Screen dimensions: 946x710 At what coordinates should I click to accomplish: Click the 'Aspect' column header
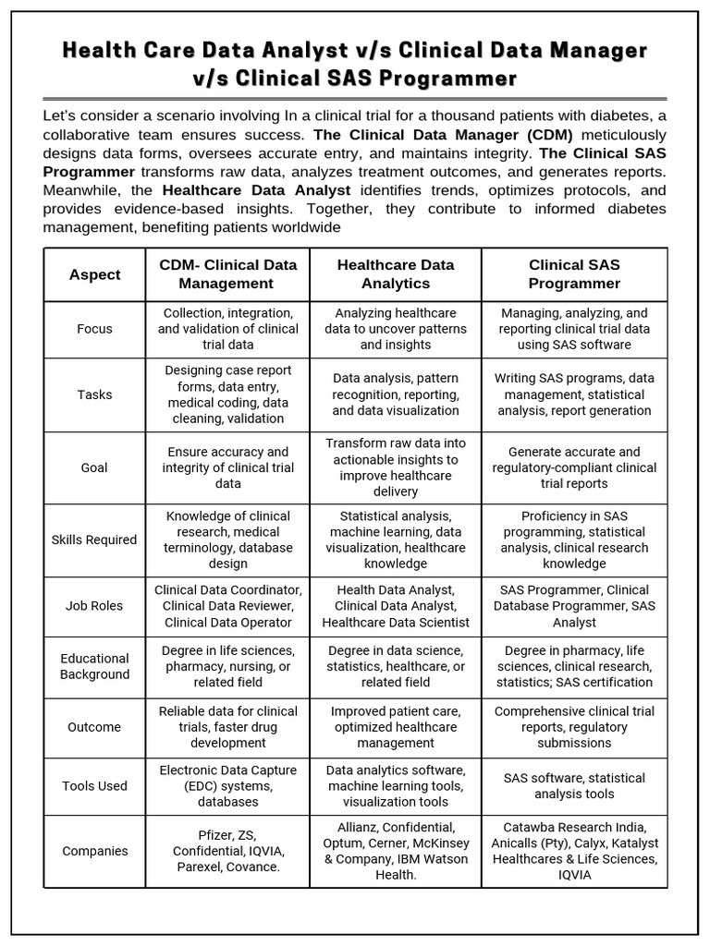pos(94,274)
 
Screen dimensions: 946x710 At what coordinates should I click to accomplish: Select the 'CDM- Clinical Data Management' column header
pos(227,274)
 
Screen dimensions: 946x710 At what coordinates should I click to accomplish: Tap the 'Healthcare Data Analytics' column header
pos(396,274)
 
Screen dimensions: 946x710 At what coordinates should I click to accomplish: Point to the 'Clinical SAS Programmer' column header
pos(574,274)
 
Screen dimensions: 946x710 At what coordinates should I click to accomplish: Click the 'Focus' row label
pos(94,329)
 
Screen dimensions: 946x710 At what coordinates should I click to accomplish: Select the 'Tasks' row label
pos(94,394)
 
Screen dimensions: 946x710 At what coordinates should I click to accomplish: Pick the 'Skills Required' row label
pos(94,540)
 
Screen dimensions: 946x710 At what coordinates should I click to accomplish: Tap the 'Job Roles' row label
pos(94,606)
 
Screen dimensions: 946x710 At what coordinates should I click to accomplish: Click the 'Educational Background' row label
pos(94,666)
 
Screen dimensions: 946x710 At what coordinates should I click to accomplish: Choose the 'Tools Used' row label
pos(94,786)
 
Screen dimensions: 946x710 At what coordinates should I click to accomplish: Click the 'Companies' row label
pos(94,851)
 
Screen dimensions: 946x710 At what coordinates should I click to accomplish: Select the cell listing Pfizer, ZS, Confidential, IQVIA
pos(227,851)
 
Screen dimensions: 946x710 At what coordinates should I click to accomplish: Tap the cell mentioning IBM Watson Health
pos(396,851)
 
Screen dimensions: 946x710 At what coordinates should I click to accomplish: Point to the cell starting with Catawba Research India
pos(574,851)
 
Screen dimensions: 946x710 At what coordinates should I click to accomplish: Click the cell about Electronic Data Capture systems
pos(227,786)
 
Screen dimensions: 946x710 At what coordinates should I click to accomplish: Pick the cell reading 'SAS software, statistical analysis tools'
pos(574,786)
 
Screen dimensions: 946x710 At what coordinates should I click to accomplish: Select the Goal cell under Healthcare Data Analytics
pos(396,467)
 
